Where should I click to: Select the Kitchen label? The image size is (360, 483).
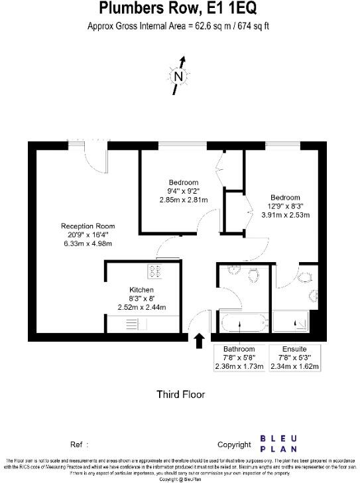[141, 291]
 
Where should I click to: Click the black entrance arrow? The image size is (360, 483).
[198, 340]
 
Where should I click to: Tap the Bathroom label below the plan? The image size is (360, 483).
[239, 349]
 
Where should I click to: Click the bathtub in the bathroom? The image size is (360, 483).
[241, 324]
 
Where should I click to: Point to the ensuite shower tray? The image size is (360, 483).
[293, 324]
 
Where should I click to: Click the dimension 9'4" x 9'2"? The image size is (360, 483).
[184, 191]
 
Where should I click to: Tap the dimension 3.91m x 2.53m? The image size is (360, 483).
[285, 215]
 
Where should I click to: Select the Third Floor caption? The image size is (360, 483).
[180, 394]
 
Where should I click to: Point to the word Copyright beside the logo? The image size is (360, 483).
[235, 445]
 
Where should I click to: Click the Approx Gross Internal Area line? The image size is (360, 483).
[178, 27]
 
